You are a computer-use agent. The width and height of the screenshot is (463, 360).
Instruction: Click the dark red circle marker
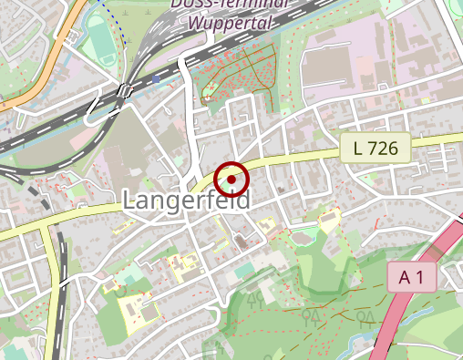point(232,180)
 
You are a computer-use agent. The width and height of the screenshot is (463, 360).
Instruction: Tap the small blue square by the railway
point(156,79)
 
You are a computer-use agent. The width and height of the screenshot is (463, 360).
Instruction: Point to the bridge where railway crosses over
point(124,90)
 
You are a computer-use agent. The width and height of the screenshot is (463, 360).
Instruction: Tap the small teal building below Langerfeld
point(244,271)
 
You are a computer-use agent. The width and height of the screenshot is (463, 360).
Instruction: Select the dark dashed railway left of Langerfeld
point(60,264)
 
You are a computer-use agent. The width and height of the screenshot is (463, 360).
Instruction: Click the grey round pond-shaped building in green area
point(241,242)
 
